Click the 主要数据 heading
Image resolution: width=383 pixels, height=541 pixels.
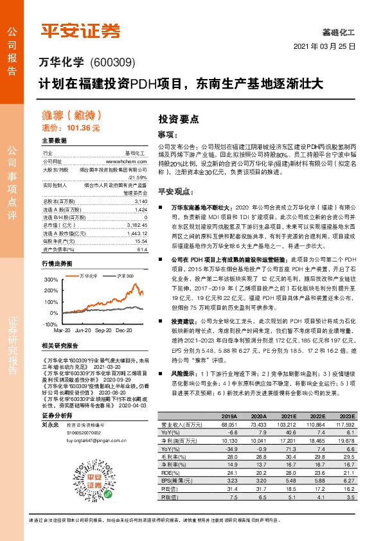click(55, 140)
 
